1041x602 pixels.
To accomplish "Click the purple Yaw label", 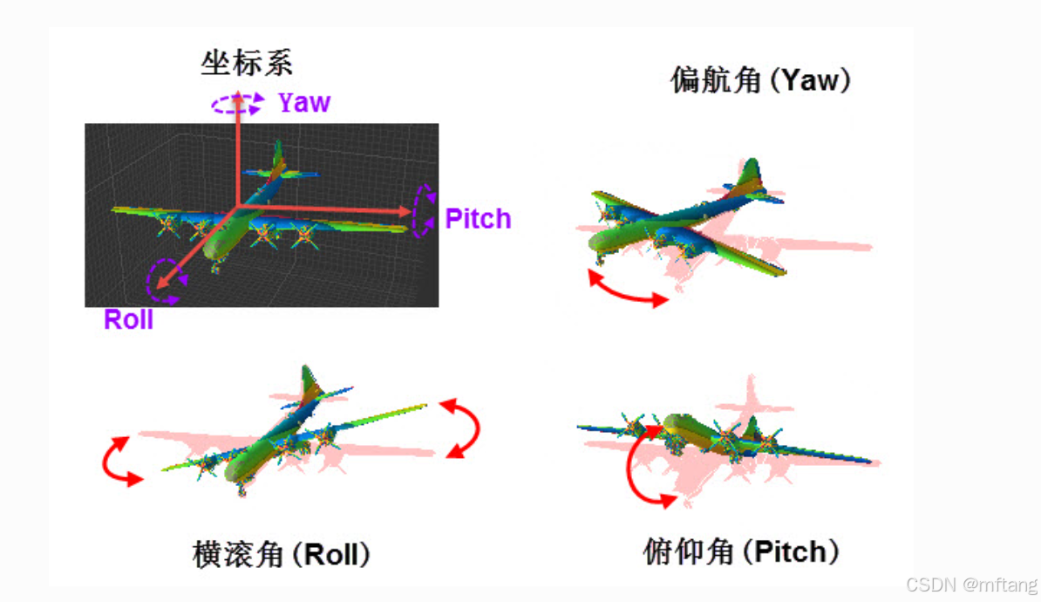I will [x=304, y=103].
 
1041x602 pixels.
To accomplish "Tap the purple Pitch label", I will [x=478, y=219].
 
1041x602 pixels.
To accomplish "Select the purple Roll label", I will [x=128, y=320].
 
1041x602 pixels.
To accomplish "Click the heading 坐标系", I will [x=247, y=63].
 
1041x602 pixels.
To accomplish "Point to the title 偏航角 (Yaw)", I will [x=760, y=81].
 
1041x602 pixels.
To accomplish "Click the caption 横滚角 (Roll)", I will [x=282, y=555].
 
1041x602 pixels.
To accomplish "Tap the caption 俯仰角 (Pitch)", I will [x=741, y=551].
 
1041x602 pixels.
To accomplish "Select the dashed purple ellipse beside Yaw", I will [x=237, y=105].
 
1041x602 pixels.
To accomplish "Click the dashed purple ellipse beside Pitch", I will [x=425, y=210].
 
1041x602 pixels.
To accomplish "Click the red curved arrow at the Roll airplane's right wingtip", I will [x=463, y=428].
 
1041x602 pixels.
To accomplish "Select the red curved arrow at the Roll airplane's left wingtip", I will [x=121, y=460].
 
